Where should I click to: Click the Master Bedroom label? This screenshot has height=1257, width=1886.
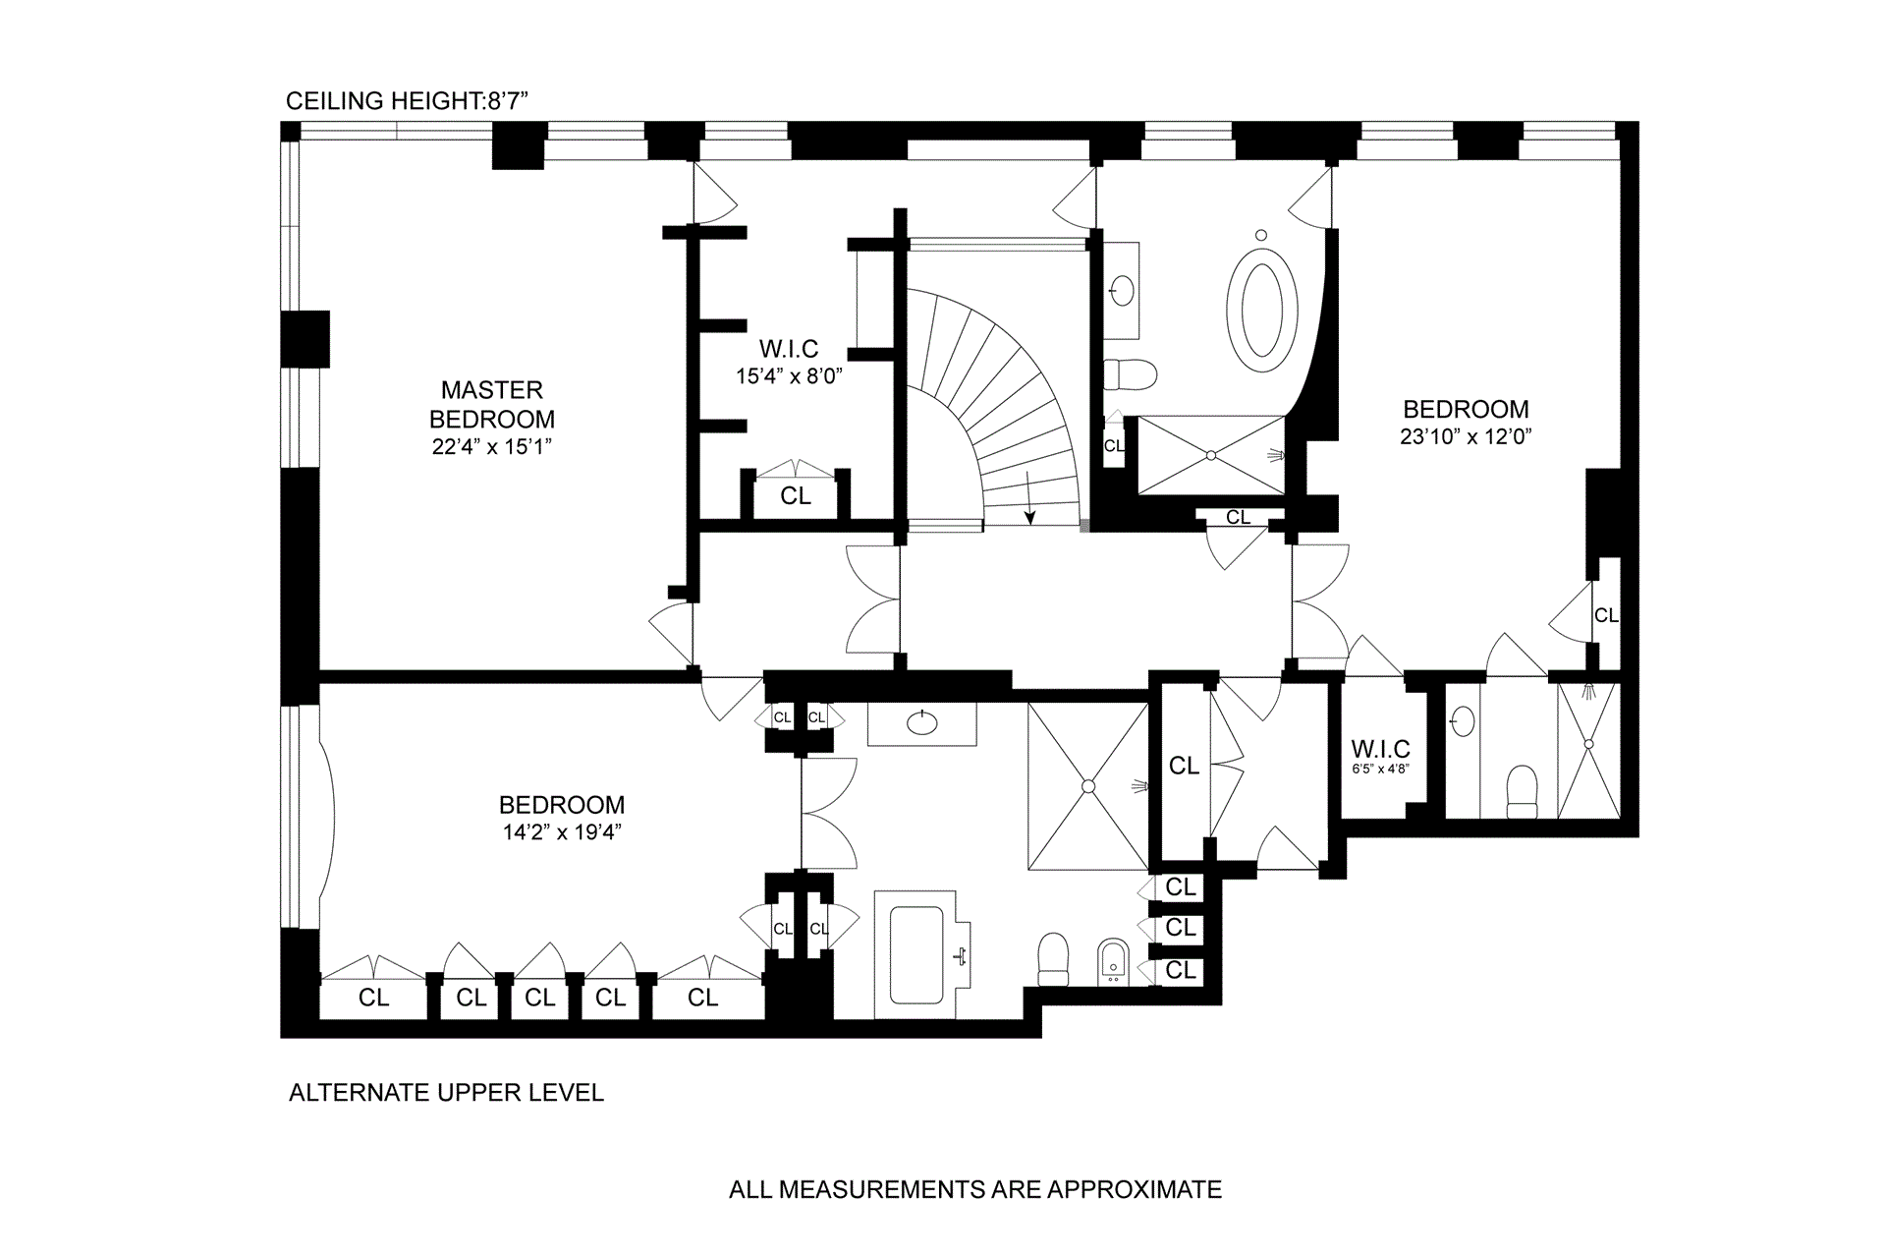click(492, 404)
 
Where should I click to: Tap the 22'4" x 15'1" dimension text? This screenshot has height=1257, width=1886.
click(492, 447)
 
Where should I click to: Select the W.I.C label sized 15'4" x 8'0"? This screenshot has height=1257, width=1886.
click(789, 349)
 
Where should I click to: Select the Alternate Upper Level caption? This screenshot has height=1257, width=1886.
click(446, 1092)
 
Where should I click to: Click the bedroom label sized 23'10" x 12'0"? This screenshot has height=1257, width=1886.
click(1466, 409)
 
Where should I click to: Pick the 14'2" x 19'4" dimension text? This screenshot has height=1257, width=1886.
click(562, 832)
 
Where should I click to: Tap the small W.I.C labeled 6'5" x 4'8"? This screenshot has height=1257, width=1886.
click(1380, 749)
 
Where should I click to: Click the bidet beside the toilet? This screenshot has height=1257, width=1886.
click(1112, 961)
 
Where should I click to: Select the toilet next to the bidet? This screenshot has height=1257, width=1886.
click(1053, 958)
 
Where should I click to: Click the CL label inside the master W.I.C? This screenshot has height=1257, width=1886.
click(796, 496)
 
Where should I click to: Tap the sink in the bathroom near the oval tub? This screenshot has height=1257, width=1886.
click(1122, 291)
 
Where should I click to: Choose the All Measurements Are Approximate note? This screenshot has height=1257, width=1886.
click(975, 1189)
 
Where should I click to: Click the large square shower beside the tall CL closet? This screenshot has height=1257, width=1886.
click(1088, 786)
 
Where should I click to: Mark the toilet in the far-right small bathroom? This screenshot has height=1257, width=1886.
click(1522, 791)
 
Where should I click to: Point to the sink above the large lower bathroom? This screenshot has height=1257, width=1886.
click(922, 723)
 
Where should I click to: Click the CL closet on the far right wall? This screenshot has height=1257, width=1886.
click(1606, 615)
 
